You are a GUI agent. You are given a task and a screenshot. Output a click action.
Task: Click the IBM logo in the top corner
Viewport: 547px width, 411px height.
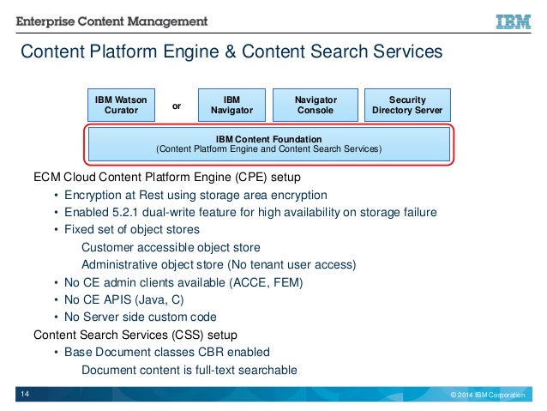pyautogui.click(x=513, y=21)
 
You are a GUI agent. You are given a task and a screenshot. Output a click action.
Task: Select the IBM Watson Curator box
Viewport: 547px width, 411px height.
pyautogui.click(x=121, y=106)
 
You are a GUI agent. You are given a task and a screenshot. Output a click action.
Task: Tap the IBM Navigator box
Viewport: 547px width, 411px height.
pyautogui.click(x=231, y=106)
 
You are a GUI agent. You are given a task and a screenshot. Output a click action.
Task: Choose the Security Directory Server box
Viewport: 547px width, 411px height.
pyautogui.click(x=407, y=106)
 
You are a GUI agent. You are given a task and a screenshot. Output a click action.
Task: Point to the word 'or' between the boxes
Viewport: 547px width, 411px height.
pyautogui.click(x=177, y=106)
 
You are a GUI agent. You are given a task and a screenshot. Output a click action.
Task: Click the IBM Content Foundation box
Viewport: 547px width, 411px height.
pyautogui.click(x=268, y=143)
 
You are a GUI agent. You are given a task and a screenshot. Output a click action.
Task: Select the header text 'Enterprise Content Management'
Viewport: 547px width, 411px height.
pyautogui.click(x=111, y=19)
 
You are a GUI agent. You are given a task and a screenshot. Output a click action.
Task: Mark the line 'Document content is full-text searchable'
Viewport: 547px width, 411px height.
pyautogui.click(x=189, y=371)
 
